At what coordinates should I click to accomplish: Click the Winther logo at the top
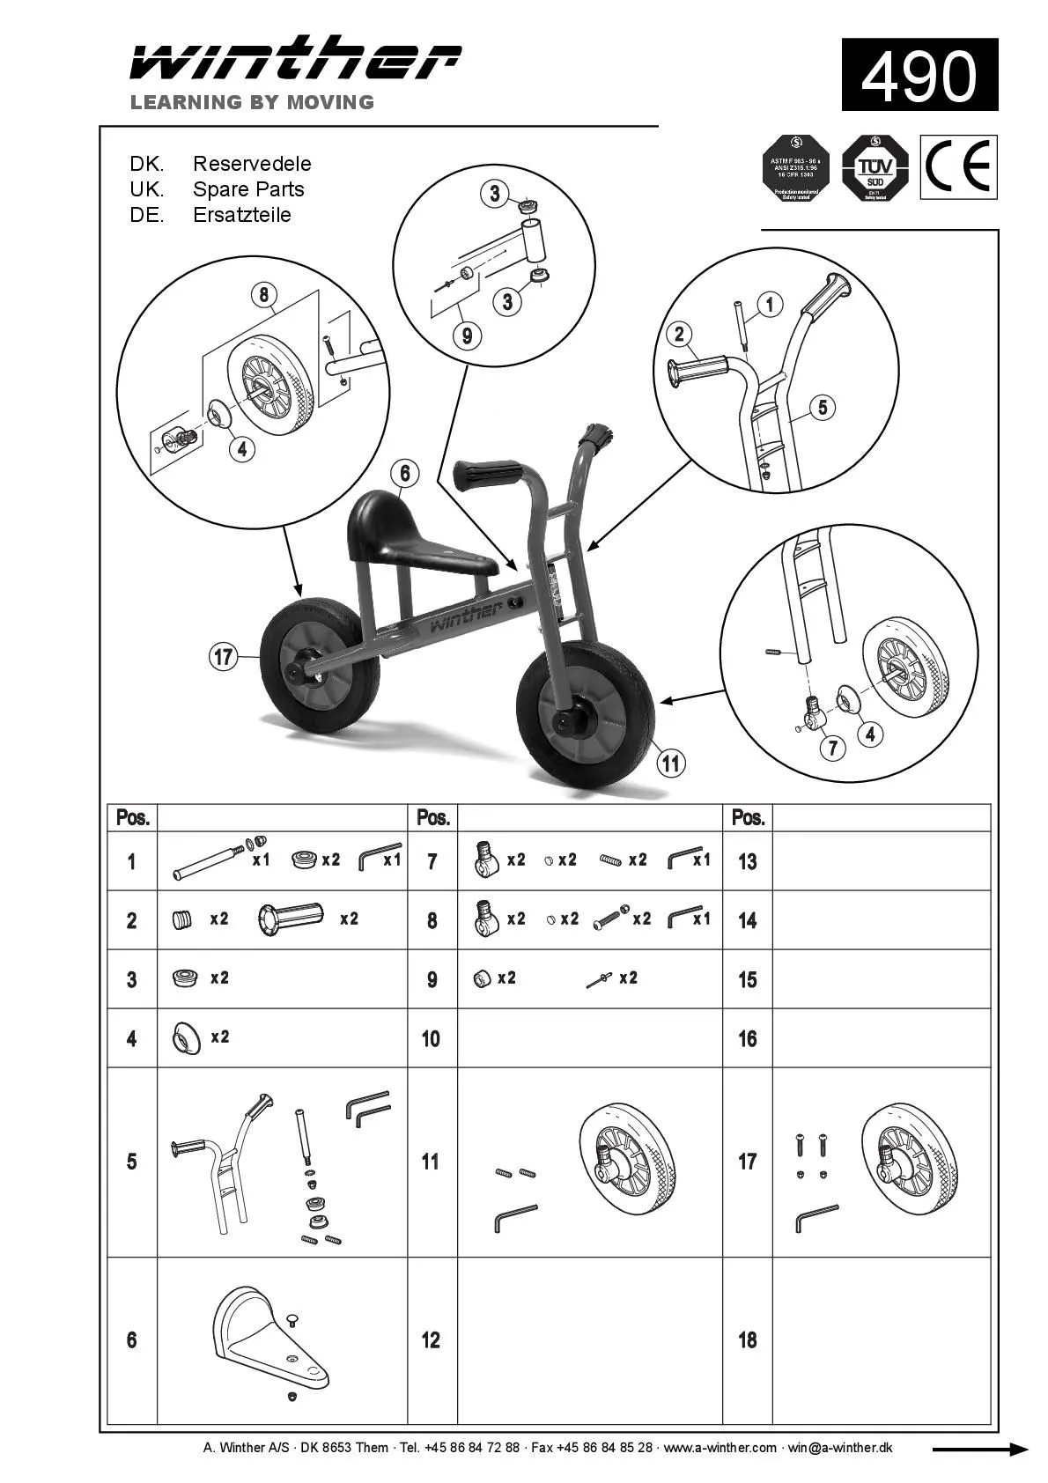(x=295, y=60)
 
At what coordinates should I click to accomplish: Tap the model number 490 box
(x=919, y=75)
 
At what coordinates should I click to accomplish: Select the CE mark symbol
(x=958, y=166)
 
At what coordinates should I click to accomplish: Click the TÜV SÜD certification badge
(x=875, y=167)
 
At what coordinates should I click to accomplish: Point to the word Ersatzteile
(x=241, y=215)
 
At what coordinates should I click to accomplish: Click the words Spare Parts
(x=248, y=189)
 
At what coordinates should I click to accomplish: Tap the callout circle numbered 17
(x=224, y=656)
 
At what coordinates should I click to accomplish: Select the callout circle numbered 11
(x=671, y=763)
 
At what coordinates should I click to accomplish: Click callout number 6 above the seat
(x=404, y=474)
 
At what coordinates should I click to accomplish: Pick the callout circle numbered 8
(x=263, y=294)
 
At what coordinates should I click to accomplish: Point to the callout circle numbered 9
(x=467, y=335)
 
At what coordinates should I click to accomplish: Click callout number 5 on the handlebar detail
(x=822, y=407)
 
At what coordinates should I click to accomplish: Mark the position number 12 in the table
(x=431, y=1339)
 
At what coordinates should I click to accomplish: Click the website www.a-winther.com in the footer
(x=720, y=1447)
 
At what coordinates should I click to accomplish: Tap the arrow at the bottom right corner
(x=980, y=1450)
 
